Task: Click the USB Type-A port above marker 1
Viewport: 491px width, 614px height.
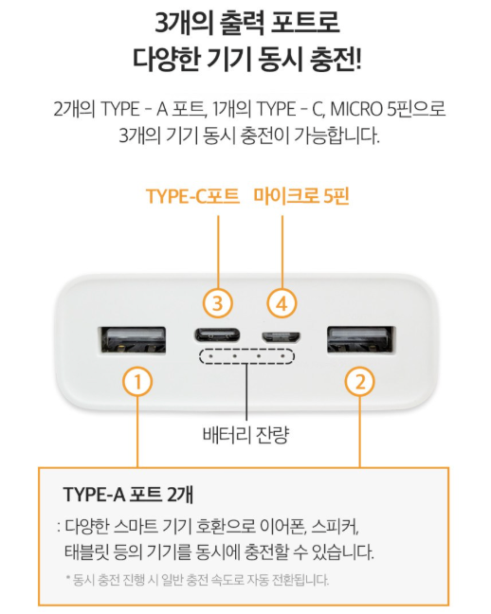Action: [132, 339]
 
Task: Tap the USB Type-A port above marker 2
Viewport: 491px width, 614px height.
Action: [360, 339]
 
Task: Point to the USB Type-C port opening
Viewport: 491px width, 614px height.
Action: [217, 335]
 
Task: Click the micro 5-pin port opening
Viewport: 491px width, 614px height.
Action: [282, 336]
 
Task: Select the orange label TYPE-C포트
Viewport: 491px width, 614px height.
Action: [192, 196]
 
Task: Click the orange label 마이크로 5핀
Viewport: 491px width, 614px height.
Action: [300, 196]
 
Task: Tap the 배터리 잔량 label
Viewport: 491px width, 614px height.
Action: [245, 434]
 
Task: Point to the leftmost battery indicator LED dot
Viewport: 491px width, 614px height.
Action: [210, 356]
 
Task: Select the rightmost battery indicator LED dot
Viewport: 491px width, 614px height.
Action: [282, 356]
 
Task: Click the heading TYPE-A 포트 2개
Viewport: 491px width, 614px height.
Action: [128, 495]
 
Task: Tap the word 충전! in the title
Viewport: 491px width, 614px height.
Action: [335, 60]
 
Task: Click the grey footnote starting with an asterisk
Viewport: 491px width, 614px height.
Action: [197, 580]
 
